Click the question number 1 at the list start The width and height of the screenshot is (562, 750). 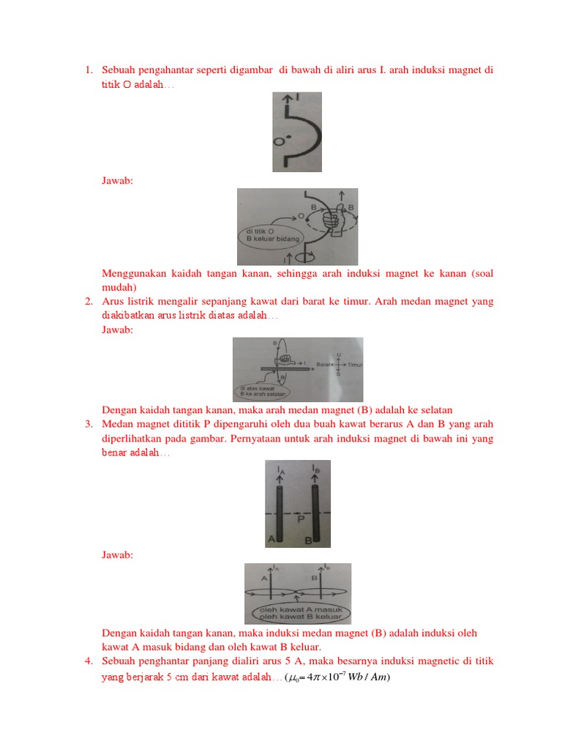[87, 70]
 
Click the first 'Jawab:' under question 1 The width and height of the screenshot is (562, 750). [117, 180]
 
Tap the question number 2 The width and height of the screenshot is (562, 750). [87, 302]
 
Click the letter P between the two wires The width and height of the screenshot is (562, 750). [301, 519]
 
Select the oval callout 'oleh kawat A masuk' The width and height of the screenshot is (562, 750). [299, 612]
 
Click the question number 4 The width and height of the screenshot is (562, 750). [87, 662]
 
